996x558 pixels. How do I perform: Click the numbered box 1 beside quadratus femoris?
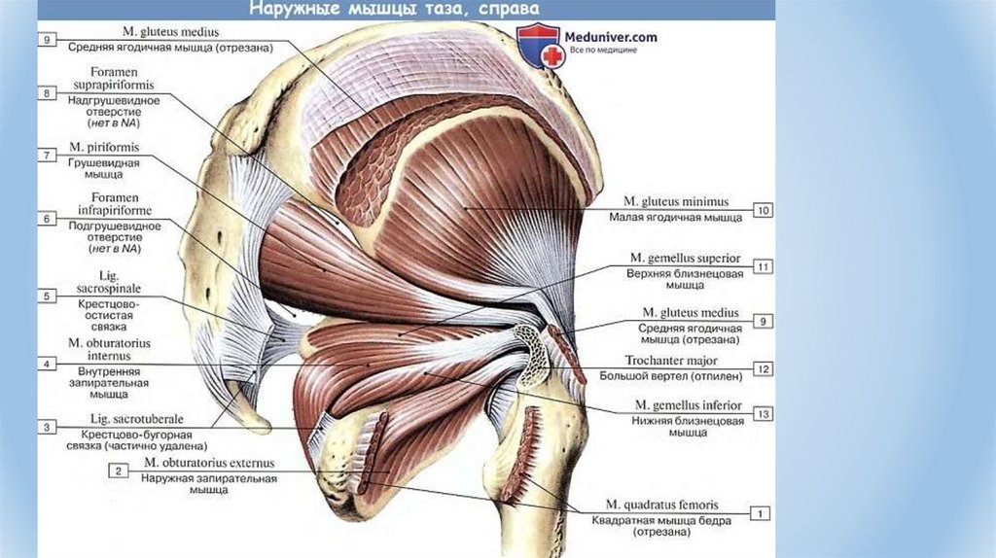tap(762, 512)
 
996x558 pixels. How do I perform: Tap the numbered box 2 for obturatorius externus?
tap(118, 471)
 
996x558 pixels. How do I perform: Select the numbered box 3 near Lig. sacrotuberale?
tap(47, 426)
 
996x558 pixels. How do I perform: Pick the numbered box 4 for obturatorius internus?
tap(47, 364)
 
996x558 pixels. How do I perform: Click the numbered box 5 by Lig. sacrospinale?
tap(47, 296)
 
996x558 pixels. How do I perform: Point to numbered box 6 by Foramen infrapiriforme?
tap(47, 219)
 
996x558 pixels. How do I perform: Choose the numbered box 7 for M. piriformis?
tap(47, 156)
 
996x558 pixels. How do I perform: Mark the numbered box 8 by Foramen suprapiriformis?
tap(47, 92)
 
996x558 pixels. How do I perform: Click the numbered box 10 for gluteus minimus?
tap(764, 210)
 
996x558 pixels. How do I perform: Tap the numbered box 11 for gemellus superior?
tap(764, 265)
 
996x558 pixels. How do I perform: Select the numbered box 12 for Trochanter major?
tap(764, 368)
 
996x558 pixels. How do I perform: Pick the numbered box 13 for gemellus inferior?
tap(764, 414)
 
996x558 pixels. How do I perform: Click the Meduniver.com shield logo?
tap(535, 45)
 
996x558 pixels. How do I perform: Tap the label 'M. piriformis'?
tap(103, 149)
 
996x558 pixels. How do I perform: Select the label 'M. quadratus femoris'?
tap(661, 506)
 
